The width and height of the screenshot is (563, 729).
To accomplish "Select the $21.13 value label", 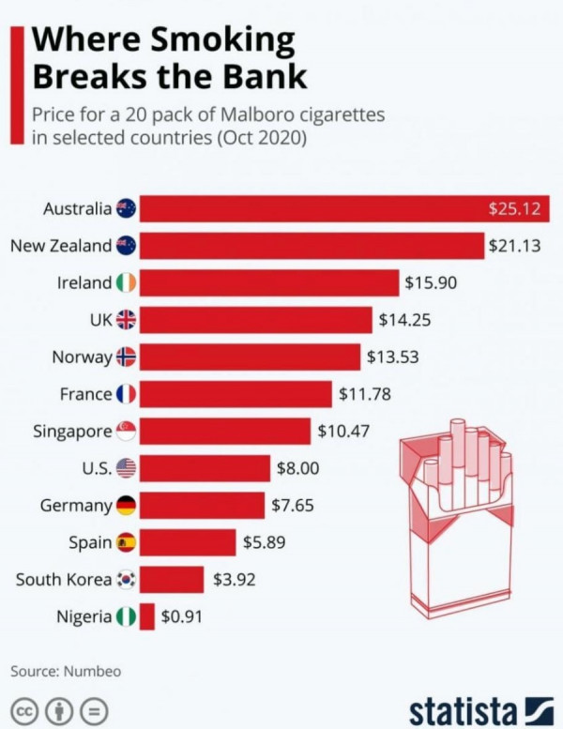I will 515,246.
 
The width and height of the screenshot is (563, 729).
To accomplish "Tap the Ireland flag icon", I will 126,282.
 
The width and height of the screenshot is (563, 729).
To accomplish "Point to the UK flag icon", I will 126,320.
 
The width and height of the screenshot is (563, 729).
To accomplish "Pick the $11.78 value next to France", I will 365,394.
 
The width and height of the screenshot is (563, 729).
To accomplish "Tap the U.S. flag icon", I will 126,468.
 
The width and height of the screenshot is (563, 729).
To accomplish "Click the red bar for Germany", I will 202,506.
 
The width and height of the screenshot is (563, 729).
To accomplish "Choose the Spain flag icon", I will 126,542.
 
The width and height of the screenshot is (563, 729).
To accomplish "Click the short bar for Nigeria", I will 146,616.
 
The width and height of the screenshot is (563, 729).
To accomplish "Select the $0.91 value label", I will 181,616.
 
